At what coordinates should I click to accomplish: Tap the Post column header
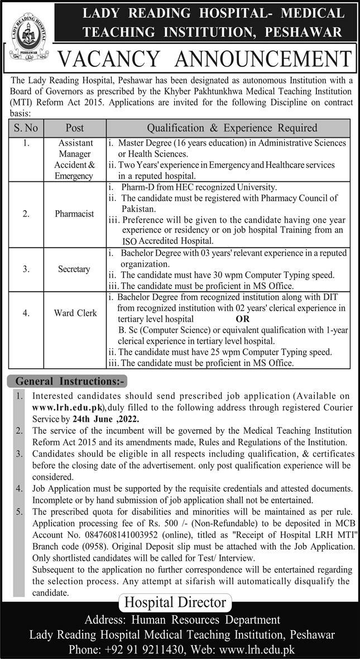click(x=74, y=128)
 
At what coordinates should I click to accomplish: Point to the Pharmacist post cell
click(x=74, y=214)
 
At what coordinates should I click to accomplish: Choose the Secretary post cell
click(x=74, y=269)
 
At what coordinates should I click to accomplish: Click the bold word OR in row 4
click(x=243, y=319)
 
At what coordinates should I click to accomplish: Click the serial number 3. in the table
click(x=26, y=269)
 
